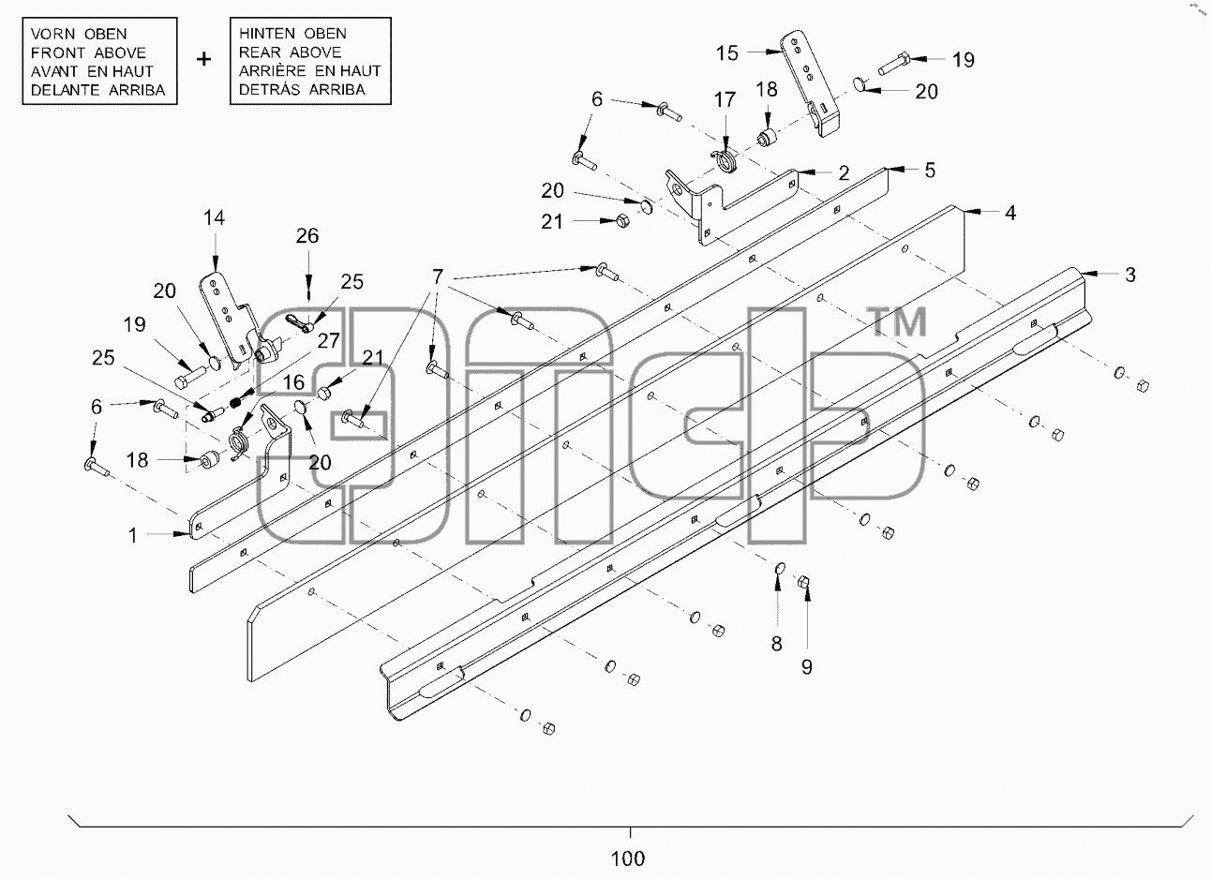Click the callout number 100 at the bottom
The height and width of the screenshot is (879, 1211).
point(628,858)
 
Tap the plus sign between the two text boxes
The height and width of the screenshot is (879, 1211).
point(203,58)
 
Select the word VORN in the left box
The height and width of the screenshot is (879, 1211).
point(53,34)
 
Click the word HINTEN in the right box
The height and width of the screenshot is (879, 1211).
point(267,34)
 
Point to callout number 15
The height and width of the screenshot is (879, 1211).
point(727,53)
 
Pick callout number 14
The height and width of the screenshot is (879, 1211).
point(214,217)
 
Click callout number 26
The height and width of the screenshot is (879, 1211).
point(307,236)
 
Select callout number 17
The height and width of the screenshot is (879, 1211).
point(725,99)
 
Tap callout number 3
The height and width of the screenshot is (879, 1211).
point(1130,275)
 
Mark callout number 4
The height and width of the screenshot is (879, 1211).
point(1010,213)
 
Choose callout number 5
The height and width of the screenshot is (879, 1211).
point(930,171)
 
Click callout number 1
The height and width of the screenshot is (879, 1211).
point(132,535)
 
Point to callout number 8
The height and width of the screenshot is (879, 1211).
point(776,643)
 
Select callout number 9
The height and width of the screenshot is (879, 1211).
point(807,667)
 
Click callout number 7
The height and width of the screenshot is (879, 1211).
point(438,276)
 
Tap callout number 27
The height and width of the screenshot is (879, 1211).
point(329,340)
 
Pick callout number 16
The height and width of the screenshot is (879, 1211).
point(293,382)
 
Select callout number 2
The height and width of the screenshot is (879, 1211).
point(844,173)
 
